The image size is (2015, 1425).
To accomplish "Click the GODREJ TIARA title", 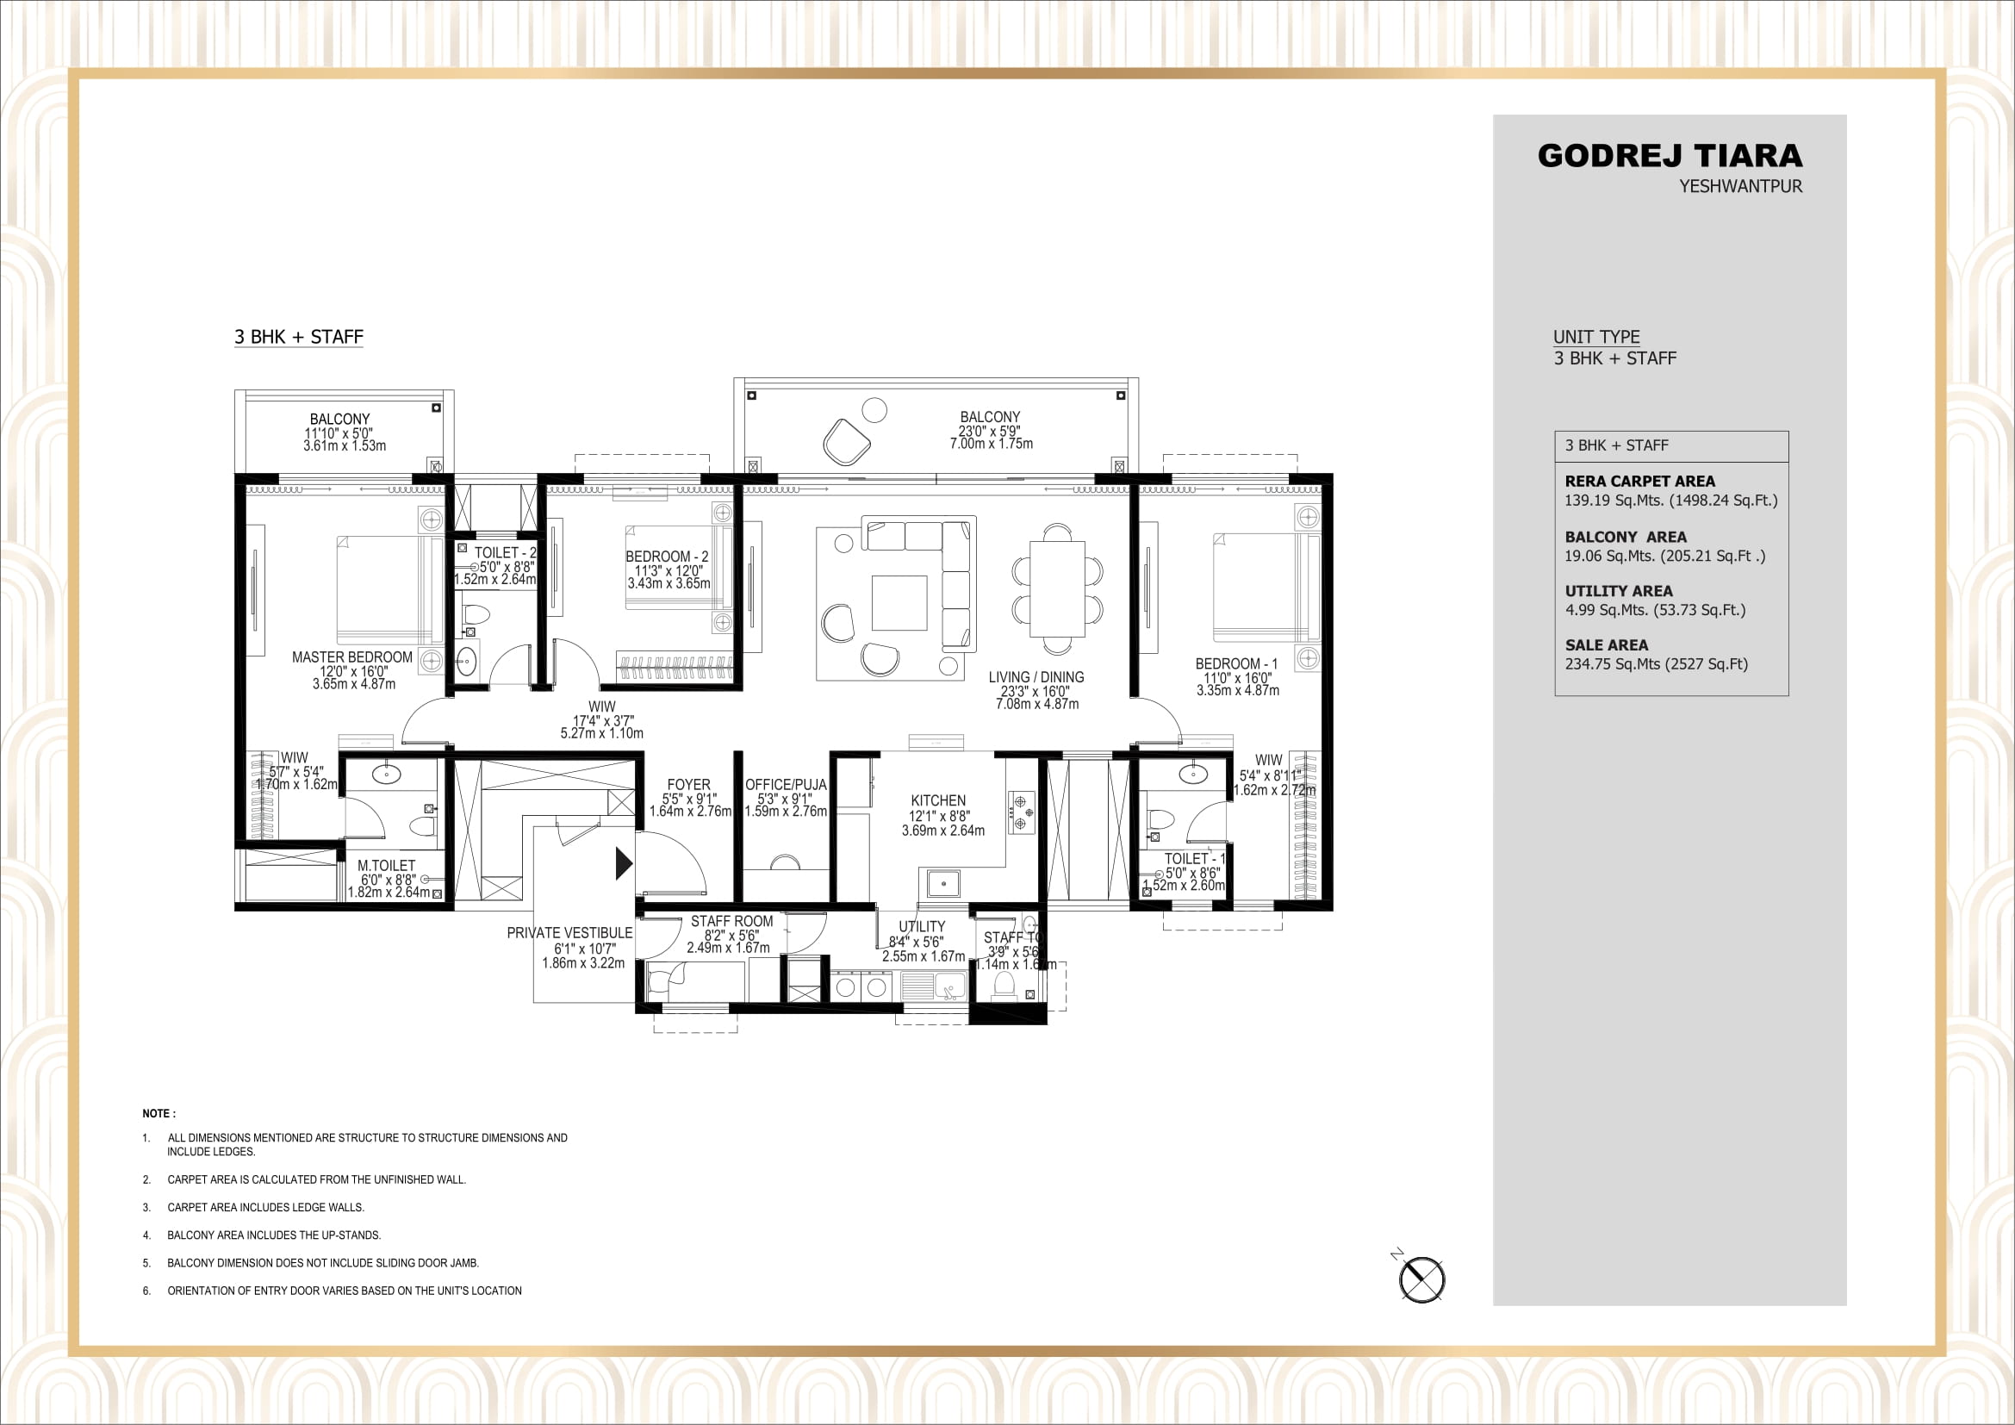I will pyautogui.click(x=1670, y=156).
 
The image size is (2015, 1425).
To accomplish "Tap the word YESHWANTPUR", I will pyautogui.click(x=1740, y=187).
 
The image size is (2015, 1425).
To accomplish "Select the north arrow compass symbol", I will pyautogui.click(x=1421, y=1279).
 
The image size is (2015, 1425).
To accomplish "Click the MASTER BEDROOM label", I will pyautogui.click(x=352, y=657).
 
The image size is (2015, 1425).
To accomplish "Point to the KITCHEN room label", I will pyautogui.click(x=938, y=800).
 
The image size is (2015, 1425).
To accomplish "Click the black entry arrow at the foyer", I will pyautogui.click(x=623, y=863).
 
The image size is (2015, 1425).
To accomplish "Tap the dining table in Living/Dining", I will pyautogui.click(x=1057, y=588).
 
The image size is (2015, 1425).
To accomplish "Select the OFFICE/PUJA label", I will pyautogui.click(x=786, y=785).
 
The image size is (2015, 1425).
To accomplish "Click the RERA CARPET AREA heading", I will pyautogui.click(x=1639, y=481).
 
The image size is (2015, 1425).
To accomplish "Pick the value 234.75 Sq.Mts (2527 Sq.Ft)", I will pyautogui.click(x=1656, y=664).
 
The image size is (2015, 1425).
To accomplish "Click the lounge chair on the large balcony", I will pyautogui.click(x=847, y=441).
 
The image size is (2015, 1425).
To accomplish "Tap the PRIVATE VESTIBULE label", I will pyautogui.click(x=569, y=933).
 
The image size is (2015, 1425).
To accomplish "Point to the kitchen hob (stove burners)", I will pyautogui.click(x=1021, y=812).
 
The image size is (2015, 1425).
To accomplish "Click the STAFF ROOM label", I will pyautogui.click(x=731, y=921).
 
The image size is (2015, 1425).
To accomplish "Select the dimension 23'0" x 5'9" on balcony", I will pyautogui.click(x=989, y=431).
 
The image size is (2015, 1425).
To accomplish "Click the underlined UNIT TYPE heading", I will pyautogui.click(x=1596, y=337).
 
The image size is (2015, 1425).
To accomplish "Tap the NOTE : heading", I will pyautogui.click(x=159, y=1113).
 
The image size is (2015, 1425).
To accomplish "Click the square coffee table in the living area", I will pyautogui.click(x=899, y=603).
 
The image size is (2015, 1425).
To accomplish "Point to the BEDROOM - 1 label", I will pyautogui.click(x=1235, y=664).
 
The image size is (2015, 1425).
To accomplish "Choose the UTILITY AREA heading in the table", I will pyautogui.click(x=1619, y=590).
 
